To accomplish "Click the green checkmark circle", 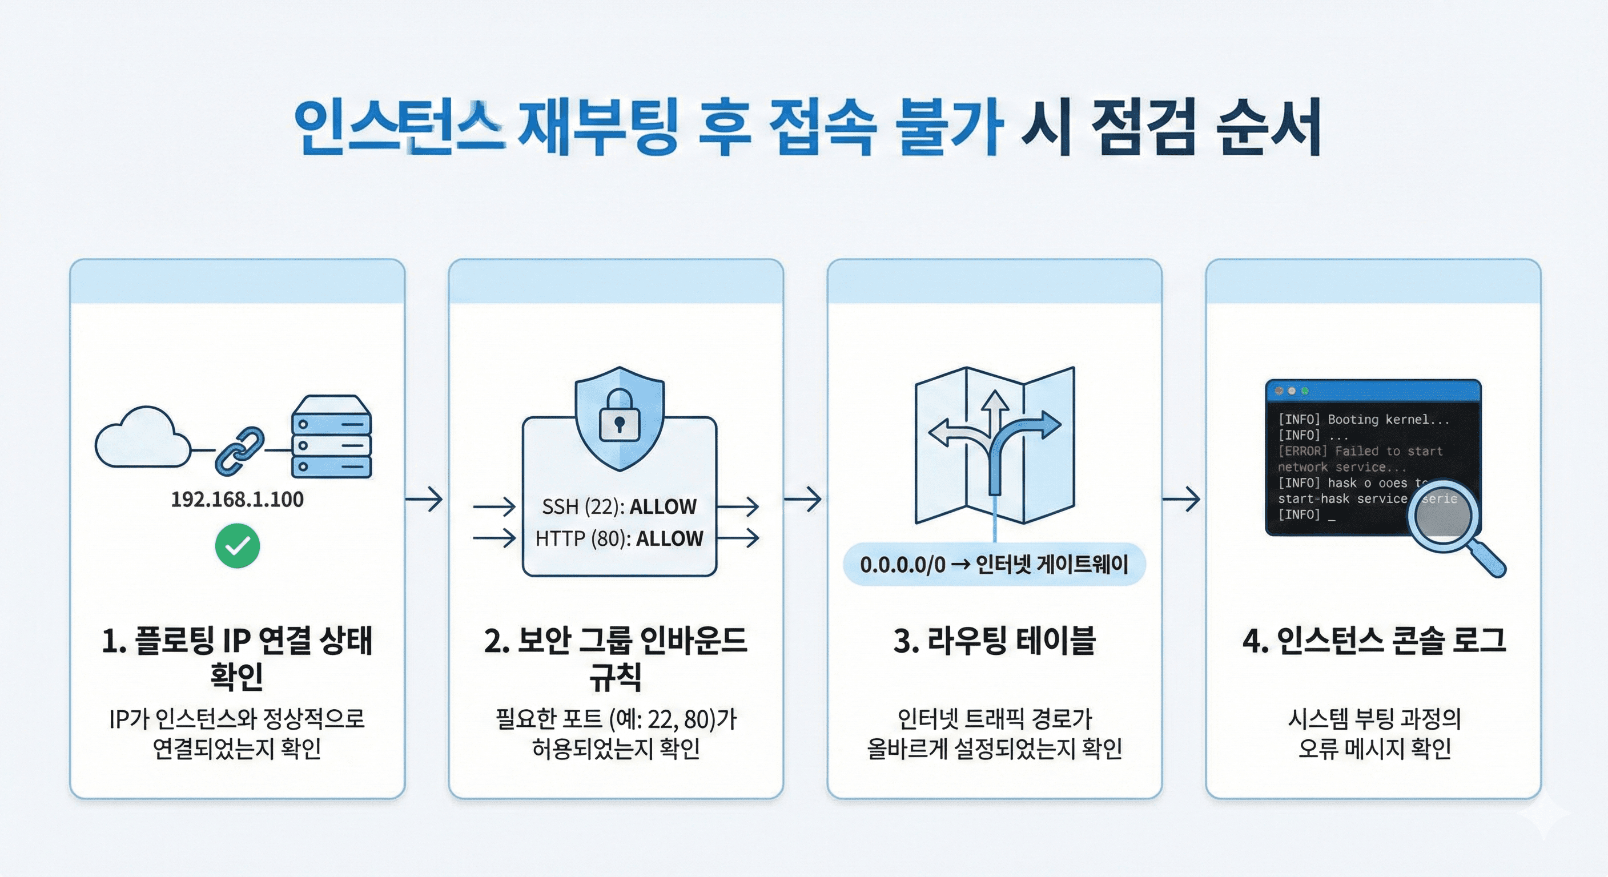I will pos(237,546).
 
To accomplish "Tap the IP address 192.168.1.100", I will pos(237,500).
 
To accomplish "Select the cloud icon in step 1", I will pos(142,438).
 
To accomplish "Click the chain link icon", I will pos(240,449).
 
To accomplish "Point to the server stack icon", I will pos(331,436).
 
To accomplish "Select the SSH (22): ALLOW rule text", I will pos(618,506).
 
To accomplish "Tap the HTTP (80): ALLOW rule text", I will pos(618,538).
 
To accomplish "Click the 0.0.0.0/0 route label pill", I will pos(994,564).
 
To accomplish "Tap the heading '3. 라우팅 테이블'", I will pos(994,641).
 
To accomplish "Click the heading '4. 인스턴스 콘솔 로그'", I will pos(1373,641).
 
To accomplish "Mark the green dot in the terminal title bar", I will pos(1305,391).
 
